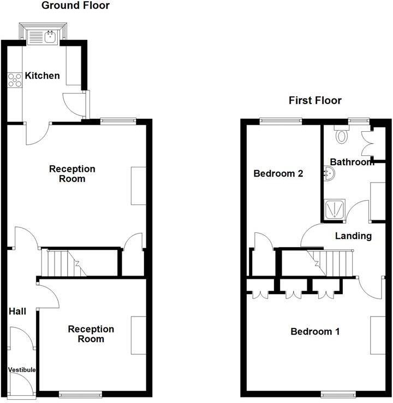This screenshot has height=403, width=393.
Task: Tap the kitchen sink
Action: click(x=44, y=37)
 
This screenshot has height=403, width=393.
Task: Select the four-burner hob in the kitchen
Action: click(x=15, y=80)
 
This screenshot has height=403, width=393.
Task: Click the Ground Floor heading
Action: click(x=75, y=6)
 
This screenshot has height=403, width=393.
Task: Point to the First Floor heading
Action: click(x=315, y=101)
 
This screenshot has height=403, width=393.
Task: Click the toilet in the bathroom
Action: click(x=342, y=135)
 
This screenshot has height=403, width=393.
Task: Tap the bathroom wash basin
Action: click(x=329, y=173)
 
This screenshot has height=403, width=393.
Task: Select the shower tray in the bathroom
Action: click(x=332, y=209)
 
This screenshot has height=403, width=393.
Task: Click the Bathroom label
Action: click(x=352, y=162)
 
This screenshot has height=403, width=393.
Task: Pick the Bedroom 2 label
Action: click(x=278, y=174)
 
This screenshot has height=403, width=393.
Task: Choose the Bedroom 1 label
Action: click(x=315, y=332)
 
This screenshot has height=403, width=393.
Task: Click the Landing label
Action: click(x=353, y=236)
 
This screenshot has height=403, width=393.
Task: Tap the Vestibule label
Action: click(x=22, y=370)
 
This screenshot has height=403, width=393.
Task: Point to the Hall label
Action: click(x=17, y=312)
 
